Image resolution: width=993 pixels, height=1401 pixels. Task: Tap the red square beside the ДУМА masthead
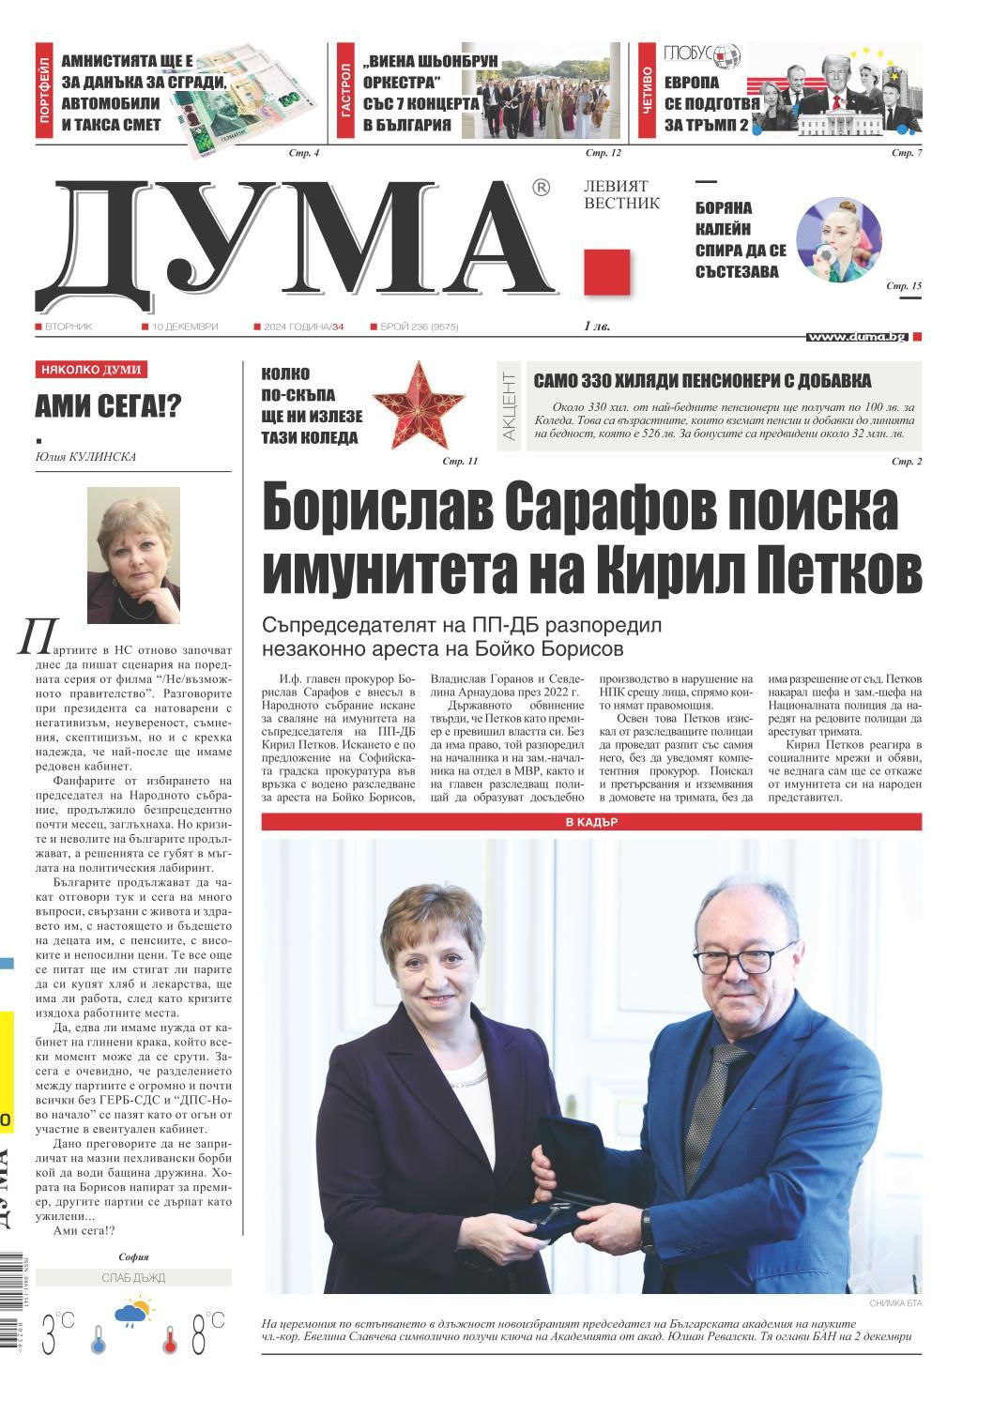pyautogui.click(x=606, y=272)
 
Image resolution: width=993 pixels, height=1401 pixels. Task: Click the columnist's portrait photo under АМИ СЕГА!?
pyautogui.click(x=133, y=556)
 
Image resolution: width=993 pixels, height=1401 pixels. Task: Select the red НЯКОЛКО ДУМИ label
pyautogui.click(x=91, y=370)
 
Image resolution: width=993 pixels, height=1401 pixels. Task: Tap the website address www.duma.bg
pyautogui.click(x=857, y=336)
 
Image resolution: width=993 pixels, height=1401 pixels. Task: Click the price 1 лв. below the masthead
pyautogui.click(x=596, y=327)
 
